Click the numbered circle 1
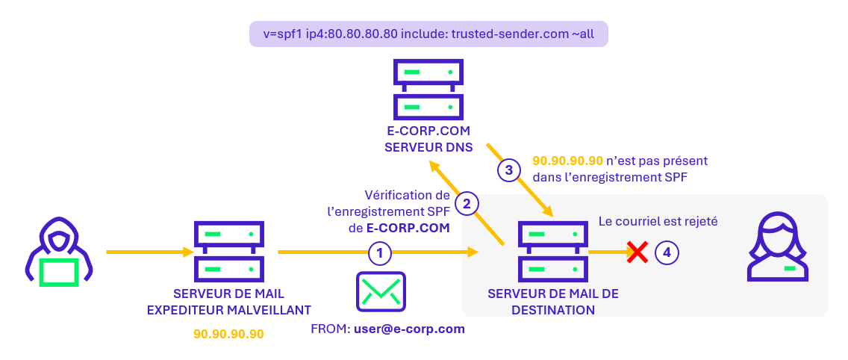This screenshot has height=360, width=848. [380, 253]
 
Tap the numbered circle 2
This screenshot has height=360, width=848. [467, 202]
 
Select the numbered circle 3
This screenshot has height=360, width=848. [509, 170]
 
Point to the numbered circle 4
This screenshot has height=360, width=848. [667, 253]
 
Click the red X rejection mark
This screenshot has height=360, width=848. [637, 252]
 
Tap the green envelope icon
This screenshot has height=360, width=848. [381, 291]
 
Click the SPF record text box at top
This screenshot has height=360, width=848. [428, 34]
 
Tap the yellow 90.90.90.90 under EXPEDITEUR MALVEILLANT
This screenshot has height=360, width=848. [228, 334]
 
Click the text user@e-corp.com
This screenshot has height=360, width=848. [409, 329]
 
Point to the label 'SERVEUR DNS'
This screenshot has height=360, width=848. [428, 147]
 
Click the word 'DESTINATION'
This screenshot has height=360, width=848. [553, 309]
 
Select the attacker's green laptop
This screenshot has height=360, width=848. [58, 272]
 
